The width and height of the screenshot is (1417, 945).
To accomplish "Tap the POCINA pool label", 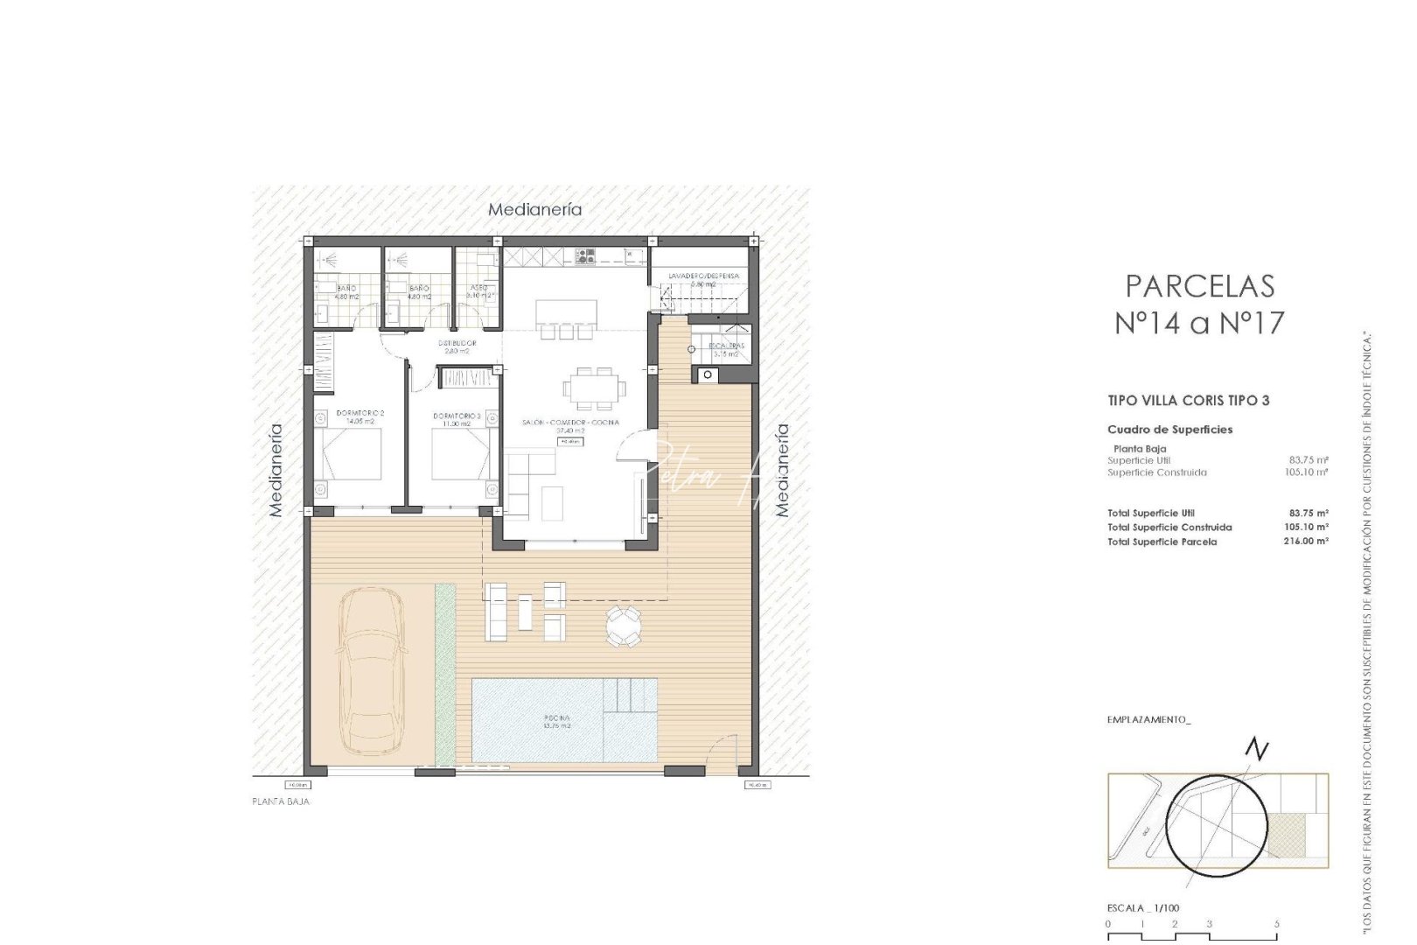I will [556, 721].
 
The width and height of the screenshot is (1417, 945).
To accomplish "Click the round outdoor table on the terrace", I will [625, 626].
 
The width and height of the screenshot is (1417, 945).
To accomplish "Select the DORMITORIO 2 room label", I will [360, 416].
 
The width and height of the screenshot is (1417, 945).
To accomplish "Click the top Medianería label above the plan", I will [534, 210].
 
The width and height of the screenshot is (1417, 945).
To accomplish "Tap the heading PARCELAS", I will [1199, 287].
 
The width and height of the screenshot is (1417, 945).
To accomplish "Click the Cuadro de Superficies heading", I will [1169, 430].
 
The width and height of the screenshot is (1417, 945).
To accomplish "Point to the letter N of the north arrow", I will [1257, 750].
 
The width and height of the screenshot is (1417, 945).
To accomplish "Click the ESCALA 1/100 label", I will [1142, 908].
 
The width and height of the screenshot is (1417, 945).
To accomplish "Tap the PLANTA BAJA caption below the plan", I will [280, 801].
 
